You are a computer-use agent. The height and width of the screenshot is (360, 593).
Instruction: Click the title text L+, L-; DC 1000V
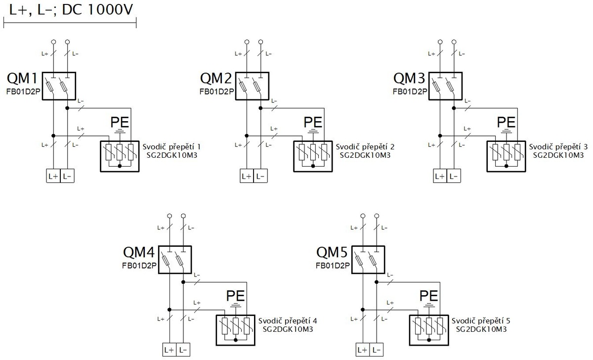pos(71,10)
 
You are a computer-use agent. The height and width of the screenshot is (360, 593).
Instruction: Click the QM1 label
pos(23,78)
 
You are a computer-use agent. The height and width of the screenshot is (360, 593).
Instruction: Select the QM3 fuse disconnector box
pos(446,86)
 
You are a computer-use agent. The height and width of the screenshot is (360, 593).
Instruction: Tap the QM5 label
pos(332,252)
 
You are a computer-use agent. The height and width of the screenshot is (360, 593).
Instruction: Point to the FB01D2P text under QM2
pos(217,91)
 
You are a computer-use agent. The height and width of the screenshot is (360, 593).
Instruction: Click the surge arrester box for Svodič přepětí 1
pos(120,156)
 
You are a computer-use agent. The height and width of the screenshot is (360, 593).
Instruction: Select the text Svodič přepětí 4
pos(288,321)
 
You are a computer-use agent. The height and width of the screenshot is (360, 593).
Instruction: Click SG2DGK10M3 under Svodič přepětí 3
pos(558,155)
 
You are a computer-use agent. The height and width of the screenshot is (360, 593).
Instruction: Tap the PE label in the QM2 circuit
pos(313,122)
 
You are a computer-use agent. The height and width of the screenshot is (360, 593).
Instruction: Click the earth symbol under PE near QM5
pos(428,305)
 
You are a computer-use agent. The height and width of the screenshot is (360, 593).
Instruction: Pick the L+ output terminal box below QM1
pos(53,176)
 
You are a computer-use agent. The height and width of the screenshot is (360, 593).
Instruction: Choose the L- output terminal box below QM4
pos(183,350)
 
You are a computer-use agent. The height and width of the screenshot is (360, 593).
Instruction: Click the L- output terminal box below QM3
pos(454,176)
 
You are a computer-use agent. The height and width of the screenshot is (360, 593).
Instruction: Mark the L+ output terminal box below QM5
pos(362,350)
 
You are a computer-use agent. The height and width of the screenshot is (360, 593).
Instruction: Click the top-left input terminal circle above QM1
pos(53,42)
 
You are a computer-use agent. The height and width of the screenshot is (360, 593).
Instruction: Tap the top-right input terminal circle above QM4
pos(183,216)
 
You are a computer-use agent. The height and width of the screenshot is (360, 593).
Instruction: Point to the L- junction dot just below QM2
pos(260,108)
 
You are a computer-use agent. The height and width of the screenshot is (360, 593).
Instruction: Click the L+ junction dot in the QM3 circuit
pos(440,135)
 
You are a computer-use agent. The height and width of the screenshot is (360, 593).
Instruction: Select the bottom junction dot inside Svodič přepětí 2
pos(313,166)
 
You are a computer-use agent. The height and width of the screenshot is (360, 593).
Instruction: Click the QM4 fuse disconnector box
pos(175,260)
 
